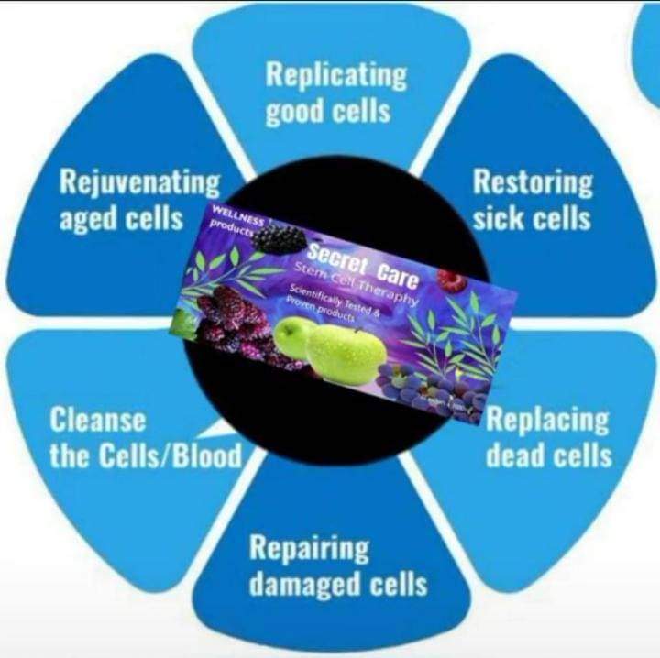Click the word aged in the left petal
click(x=91, y=219)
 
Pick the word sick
click(x=499, y=219)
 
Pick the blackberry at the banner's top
click(x=280, y=239)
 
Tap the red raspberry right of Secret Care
click(x=450, y=280)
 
